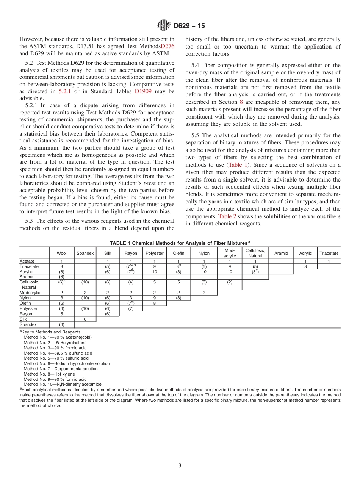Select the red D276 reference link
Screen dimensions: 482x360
pyautogui.click(x=167, y=46)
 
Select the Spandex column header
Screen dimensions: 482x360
pyautogui.click(x=85, y=253)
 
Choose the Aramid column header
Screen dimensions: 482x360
pyautogui.click(x=281, y=253)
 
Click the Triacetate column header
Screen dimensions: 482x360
pyautogui.click(x=329, y=253)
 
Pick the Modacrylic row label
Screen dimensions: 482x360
pyautogui.click(x=30, y=293)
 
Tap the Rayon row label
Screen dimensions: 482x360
pyautogui.click(x=26, y=314)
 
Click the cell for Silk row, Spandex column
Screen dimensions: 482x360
pyautogui.click(x=85, y=319)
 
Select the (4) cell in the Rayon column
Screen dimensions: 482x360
pyautogui.click(x=131, y=282)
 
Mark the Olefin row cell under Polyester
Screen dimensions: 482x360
pyautogui.click(x=155, y=303)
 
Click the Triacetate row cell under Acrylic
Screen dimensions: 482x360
pyautogui.click(x=305, y=266)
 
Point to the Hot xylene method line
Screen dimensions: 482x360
pyautogui.click(x=49, y=374)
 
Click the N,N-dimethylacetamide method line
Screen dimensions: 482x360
pyautogui.click(x=63, y=384)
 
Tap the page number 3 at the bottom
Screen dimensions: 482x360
pyautogui.click(x=180, y=465)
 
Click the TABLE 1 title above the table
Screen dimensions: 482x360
pyautogui.click(x=180, y=243)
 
